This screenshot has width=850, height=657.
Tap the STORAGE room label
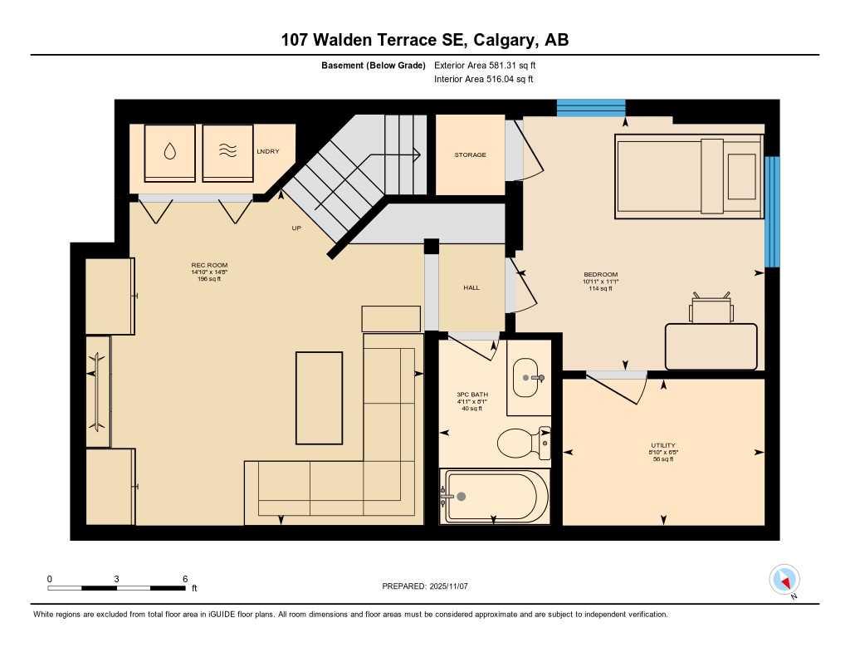[470, 155]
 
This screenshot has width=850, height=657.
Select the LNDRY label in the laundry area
[268, 151]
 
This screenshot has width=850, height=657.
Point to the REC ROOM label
[209, 266]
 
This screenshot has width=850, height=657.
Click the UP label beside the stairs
[296, 228]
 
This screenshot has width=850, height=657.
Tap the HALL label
[471, 287]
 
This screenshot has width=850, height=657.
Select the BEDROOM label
[600, 275]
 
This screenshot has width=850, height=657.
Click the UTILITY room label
[662, 445]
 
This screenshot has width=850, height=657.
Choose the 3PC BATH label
[471, 395]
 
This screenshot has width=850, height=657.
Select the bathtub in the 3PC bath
[495, 497]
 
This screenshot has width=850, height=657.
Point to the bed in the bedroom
[688, 176]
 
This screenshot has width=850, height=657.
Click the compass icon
[784, 579]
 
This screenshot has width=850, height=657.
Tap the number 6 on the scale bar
[184, 579]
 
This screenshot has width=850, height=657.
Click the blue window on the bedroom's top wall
[590, 108]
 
